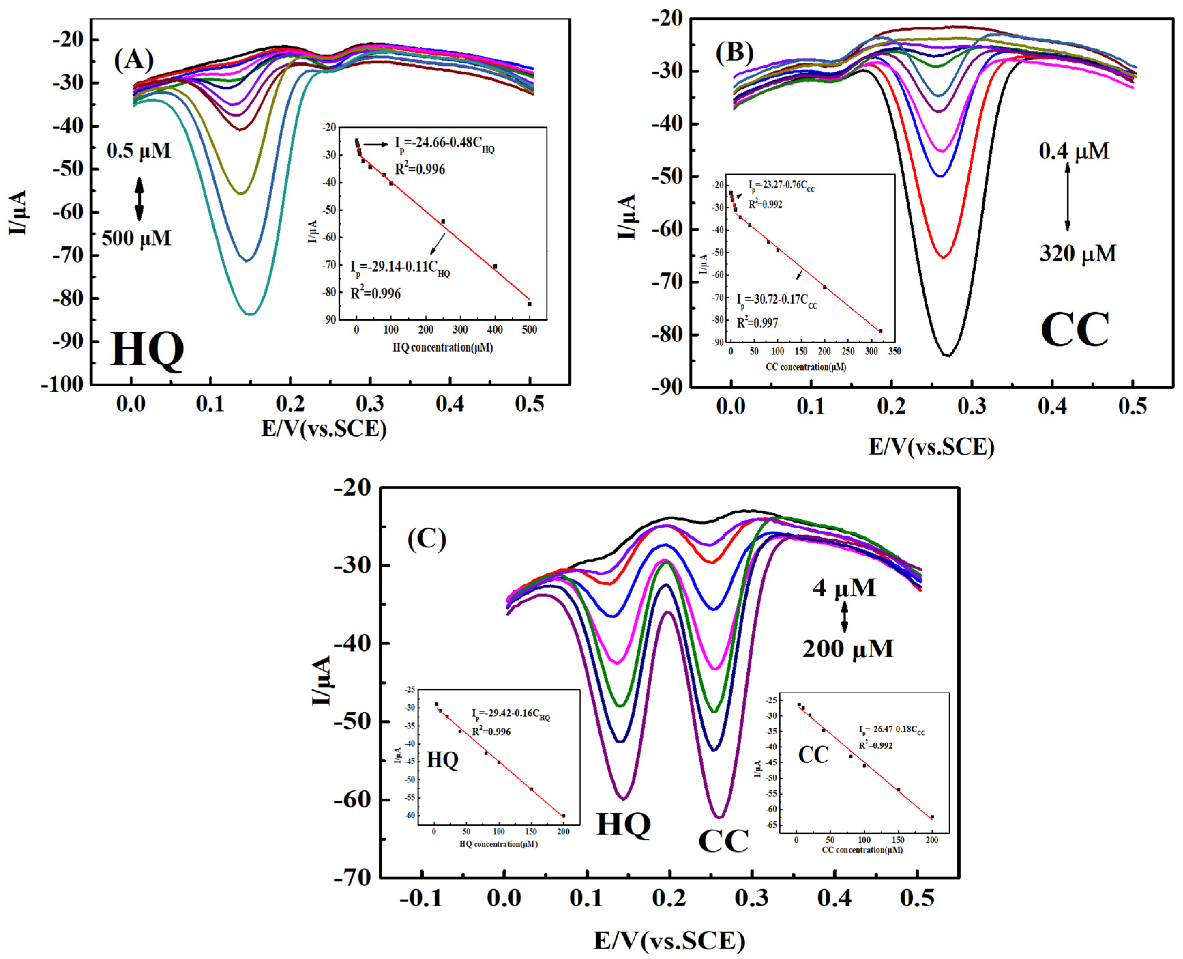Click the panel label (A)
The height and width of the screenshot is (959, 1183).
134,60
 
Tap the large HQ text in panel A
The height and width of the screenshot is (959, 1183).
147,350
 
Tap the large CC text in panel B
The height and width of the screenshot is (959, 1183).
1074,330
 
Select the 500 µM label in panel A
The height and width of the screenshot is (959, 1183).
136,239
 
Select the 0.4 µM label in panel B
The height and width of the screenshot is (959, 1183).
1074,151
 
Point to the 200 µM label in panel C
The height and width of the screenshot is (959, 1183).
847,648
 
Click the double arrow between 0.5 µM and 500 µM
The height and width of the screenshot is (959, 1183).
139,199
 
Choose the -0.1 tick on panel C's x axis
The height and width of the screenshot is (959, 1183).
422,898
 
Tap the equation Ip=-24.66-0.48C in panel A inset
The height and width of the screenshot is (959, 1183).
444,144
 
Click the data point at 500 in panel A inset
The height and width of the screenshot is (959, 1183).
529,304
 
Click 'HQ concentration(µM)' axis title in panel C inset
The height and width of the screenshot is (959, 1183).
499,844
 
